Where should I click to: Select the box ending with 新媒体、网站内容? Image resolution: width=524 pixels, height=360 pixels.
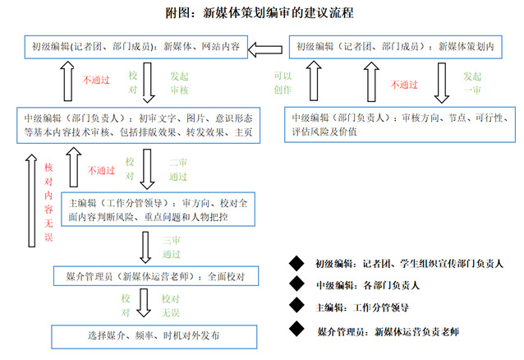click(x=135, y=47)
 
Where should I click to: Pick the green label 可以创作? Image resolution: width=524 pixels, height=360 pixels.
click(x=283, y=82)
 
